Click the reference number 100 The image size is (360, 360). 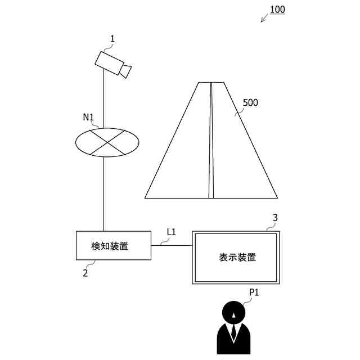(x=277, y=10)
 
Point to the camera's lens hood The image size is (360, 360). (x=126, y=71)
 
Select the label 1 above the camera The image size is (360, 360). (x=112, y=39)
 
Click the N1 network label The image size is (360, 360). (x=88, y=118)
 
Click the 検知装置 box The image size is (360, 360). (x=113, y=245)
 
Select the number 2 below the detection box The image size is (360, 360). (x=85, y=273)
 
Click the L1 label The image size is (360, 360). (x=172, y=232)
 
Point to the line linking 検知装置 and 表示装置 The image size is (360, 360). (x=172, y=245)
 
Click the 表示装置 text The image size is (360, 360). (x=237, y=258)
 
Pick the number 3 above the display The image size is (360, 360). (x=275, y=217)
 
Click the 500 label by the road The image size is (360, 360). (x=250, y=103)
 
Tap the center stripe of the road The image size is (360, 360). (x=211, y=141)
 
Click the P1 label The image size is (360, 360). (x=255, y=292)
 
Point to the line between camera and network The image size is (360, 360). (x=104, y=98)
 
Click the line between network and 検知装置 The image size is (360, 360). (x=104, y=194)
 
